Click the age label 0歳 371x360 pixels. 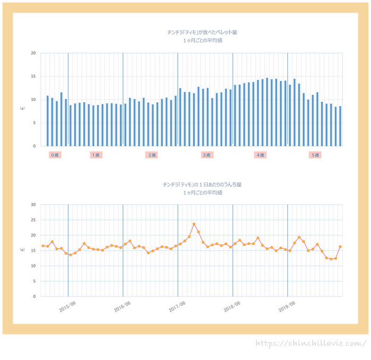tap(55, 155)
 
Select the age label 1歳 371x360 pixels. tap(96, 155)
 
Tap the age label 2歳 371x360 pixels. tap(152, 155)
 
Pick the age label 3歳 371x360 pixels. tap(207, 155)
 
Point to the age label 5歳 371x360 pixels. tap(315, 155)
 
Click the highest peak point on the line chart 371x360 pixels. tap(194, 224)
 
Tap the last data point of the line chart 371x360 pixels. tap(340, 247)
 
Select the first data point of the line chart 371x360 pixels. tap(43, 246)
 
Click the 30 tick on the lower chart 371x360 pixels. tap(33, 205)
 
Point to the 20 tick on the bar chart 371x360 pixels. tap(33, 53)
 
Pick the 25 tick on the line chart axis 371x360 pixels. tap(33, 220)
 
